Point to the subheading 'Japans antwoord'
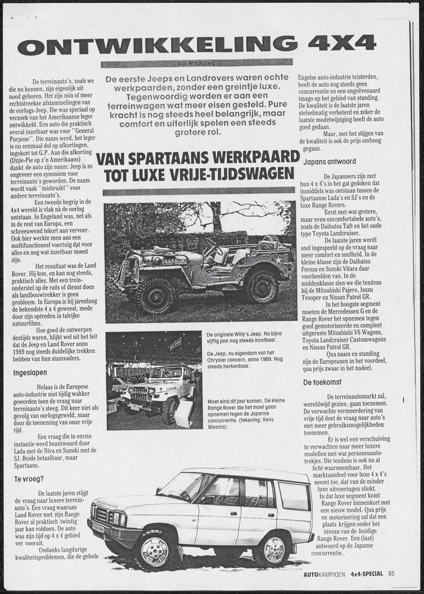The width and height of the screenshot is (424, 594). click(x=330, y=161)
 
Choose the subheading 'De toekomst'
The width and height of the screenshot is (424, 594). click(x=324, y=382)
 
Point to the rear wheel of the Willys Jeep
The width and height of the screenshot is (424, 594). click(x=262, y=286)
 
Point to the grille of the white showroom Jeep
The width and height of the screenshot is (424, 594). click(x=138, y=394)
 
